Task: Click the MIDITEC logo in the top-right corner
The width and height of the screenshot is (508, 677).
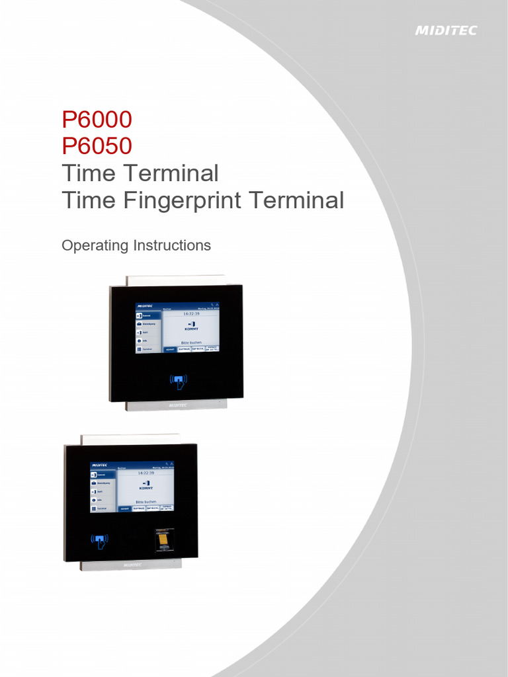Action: (x=445, y=30)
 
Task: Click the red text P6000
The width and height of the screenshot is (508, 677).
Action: (x=97, y=120)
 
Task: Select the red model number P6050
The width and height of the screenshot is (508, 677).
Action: (x=97, y=146)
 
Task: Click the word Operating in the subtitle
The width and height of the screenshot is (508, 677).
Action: (x=95, y=245)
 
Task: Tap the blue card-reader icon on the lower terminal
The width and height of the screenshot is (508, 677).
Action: (x=99, y=541)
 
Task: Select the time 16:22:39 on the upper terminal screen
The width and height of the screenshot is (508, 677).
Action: (x=190, y=314)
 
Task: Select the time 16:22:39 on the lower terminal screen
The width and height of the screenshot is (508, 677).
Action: (x=146, y=473)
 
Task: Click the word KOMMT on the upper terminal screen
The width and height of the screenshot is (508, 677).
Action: (x=190, y=329)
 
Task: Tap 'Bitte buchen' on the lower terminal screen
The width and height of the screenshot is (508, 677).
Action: (x=146, y=502)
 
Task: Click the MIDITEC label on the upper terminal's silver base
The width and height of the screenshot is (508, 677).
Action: (x=177, y=405)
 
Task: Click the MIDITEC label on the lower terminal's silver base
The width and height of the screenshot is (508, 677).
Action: (x=132, y=565)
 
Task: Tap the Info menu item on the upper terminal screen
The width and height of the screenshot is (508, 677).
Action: (x=146, y=340)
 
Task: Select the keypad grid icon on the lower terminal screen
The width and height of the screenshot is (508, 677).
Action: (x=94, y=508)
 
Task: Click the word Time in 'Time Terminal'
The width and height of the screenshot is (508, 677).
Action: (x=87, y=173)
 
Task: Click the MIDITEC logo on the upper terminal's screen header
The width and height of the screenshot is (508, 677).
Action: (x=146, y=307)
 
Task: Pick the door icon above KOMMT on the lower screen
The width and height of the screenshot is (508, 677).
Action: (x=146, y=482)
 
